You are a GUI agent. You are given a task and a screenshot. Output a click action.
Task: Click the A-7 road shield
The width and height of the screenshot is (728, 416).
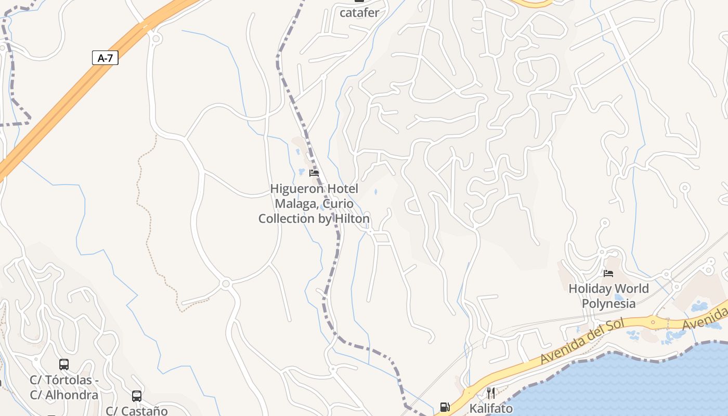(x=105, y=58)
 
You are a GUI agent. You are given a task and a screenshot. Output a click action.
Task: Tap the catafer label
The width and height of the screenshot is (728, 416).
(x=359, y=12)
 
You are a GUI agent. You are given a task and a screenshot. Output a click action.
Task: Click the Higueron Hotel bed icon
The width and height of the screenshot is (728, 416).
(x=314, y=173)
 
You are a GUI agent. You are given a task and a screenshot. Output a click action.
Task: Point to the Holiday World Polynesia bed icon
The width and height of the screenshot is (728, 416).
(x=608, y=273)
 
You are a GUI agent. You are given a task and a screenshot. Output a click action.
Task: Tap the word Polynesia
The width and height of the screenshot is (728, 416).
(x=608, y=304)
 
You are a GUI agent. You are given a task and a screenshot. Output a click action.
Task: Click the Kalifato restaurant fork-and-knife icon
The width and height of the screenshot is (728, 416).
(x=490, y=393)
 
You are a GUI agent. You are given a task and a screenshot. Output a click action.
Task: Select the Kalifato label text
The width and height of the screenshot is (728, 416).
(x=491, y=409)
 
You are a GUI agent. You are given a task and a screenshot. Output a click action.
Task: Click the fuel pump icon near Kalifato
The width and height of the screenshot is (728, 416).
(x=445, y=407)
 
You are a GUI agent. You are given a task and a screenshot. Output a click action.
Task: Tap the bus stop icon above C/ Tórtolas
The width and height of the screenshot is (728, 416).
(x=64, y=365)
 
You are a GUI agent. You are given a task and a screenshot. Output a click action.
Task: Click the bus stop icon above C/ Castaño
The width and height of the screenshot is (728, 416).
(x=137, y=396)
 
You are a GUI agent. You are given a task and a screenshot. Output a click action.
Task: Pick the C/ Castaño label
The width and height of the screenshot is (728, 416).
(x=137, y=411)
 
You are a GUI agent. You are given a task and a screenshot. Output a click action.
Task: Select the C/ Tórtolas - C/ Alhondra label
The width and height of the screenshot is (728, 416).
(x=64, y=387)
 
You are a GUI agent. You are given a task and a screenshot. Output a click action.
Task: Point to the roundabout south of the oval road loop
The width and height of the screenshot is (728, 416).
(x=226, y=284)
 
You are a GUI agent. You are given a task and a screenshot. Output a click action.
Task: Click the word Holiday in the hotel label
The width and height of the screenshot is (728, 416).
(x=590, y=289)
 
